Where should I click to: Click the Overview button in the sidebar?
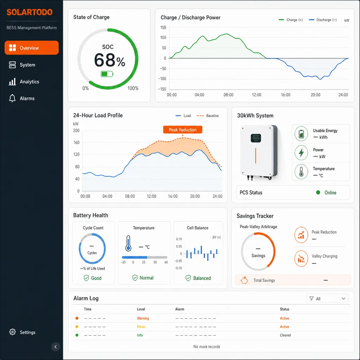tap(31, 48)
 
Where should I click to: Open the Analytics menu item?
tap(24, 82)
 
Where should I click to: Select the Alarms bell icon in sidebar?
tap(12, 98)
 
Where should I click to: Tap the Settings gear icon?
tap(12, 332)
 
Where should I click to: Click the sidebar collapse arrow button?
tap(56, 347)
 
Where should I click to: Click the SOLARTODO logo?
tap(30, 12)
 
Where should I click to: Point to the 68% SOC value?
tap(110, 60)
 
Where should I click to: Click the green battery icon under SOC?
tap(107, 74)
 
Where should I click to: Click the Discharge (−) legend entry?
tap(323, 20)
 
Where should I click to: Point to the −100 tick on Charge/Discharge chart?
tap(162, 79)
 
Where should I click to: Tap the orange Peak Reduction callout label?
tap(183, 130)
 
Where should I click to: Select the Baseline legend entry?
tap(208, 116)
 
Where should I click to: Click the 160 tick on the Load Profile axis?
tap(76, 143)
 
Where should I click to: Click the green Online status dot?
tap(318, 192)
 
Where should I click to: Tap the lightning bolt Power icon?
tap(301, 153)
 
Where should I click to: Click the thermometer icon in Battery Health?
tap(128, 243)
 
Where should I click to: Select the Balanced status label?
tap(202, 278)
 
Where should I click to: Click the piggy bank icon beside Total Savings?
tap(244, 280)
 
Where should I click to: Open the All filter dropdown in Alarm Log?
tap(327, 298)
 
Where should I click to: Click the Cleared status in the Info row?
tap(285, 335)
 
